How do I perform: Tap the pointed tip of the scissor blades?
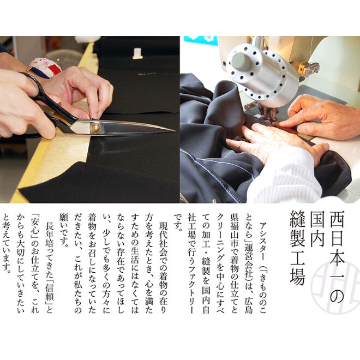(173, 131)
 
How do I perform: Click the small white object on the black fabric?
(137, 53)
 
